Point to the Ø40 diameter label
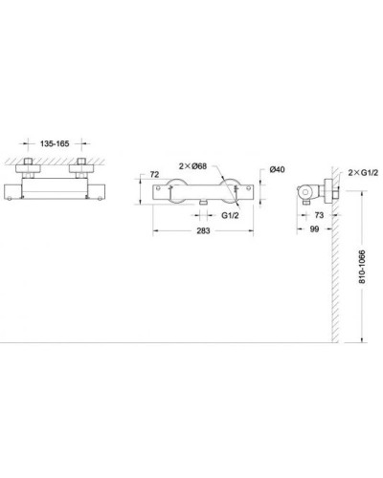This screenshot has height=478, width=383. tap(274, 169)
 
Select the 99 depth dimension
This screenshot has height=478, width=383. tap(313, 229)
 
